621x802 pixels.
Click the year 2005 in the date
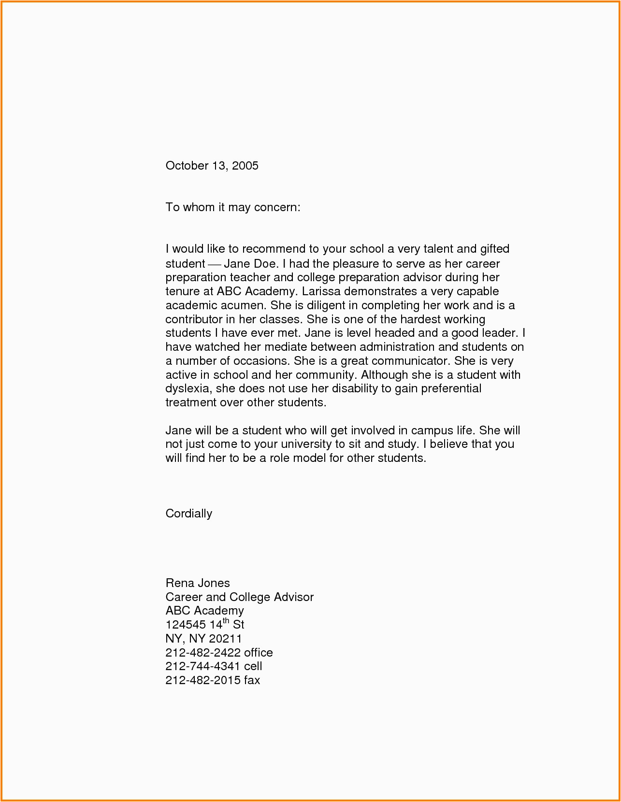[245, 166]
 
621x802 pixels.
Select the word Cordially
[188, 514]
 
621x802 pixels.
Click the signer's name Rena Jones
[198, 583]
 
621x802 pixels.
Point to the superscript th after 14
[226, 621]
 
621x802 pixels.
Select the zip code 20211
[225, 639]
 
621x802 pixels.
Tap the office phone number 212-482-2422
[203, 653]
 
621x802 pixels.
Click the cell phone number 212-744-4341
[203, 666]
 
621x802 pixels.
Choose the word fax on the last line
[252, 680]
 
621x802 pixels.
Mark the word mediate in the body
[286, 347]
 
